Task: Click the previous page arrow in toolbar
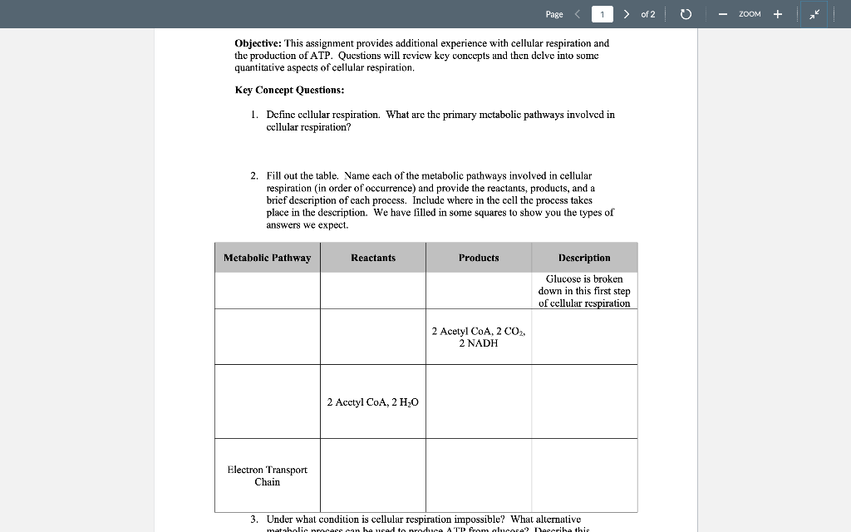[x=578, y=14]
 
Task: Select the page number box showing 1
[x=603, y=14]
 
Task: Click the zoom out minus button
[x=723, y=14]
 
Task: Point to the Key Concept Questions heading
[x=289, y=90]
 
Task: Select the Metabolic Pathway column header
[x=267, y=258]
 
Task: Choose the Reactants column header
[x=373, y=258]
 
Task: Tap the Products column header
[x=479, y=258]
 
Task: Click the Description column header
[x=584, y=258]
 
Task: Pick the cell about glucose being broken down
[x=584, y=291]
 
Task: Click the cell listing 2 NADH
[x=479, y=337]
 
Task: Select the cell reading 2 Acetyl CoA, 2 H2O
[x=373, y=402]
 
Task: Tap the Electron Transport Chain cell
[x=267, y=475]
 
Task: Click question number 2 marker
[x=253, y=176]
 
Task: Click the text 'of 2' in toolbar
[x=648, y=14]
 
